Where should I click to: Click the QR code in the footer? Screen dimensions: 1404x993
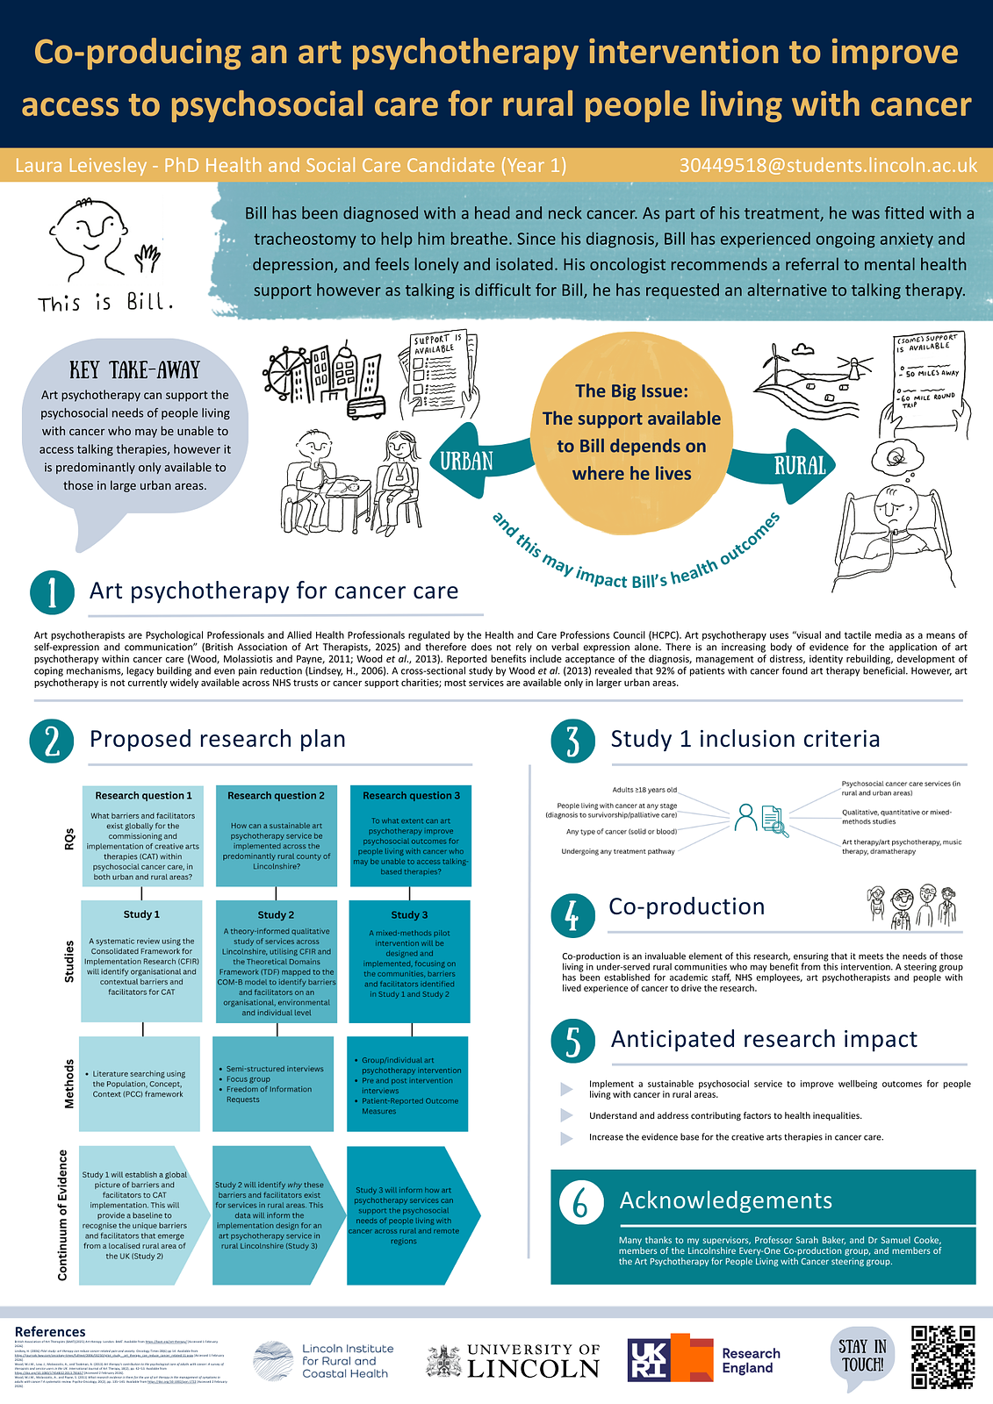[943, 1357]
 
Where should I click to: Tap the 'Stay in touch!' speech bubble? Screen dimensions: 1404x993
[861, 1356]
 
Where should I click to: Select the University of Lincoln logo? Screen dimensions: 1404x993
[514, 1360]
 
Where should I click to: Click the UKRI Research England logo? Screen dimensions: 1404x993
[703, 1359]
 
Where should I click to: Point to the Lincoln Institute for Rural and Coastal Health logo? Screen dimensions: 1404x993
[323, 1361]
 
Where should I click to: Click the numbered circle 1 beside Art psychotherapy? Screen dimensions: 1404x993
[52, 591]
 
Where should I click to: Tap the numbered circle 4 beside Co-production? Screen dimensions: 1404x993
[572, 915]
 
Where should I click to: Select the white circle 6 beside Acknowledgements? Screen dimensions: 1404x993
[580, 1201]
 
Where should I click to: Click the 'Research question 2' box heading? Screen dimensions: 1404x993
[276, 796]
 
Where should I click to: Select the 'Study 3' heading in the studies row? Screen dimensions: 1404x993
[409, 915]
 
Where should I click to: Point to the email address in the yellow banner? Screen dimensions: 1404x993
[828, 166]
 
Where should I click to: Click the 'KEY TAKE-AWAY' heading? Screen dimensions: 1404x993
[135, 370]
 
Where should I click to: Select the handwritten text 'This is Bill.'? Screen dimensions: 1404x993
[105, 303]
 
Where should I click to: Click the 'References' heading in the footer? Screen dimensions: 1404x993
[50, 1332]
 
